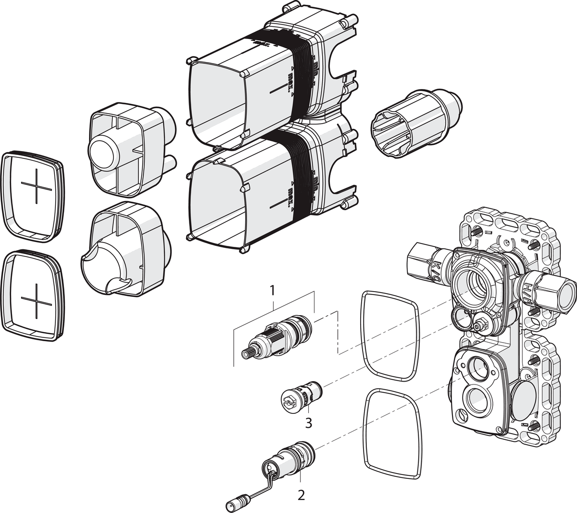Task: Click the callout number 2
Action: [x=301, y=495]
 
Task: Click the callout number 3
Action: [x=308, y=423]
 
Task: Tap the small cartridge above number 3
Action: [x=301, y=396]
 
